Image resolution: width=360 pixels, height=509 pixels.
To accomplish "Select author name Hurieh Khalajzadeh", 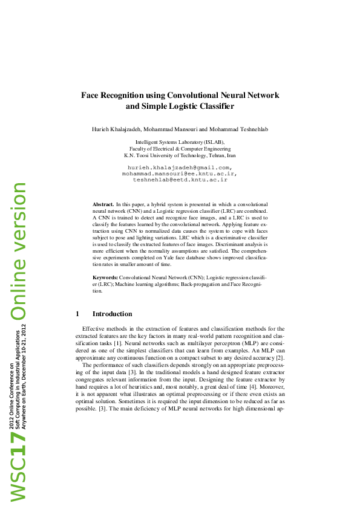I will (x=116, y=130).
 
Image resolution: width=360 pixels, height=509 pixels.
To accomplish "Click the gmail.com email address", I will (x=180, y=167).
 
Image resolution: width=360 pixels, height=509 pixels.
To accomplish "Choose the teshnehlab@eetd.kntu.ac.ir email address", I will (x=180, y=180).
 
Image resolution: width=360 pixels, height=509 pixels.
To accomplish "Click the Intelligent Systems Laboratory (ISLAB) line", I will (x=180, y=141).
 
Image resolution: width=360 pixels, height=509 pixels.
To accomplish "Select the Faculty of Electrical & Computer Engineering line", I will (x=180, y=148).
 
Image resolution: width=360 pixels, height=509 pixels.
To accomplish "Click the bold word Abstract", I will (x=103, y=206).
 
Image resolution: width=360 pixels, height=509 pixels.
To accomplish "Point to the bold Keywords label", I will (x=105, y=277).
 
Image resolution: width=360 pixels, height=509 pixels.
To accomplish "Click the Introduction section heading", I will (x=112, y=314).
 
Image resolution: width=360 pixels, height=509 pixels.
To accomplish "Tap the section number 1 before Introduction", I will (x=77, y=314).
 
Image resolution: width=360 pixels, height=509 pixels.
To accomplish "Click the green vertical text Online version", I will (x=18, y=250).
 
